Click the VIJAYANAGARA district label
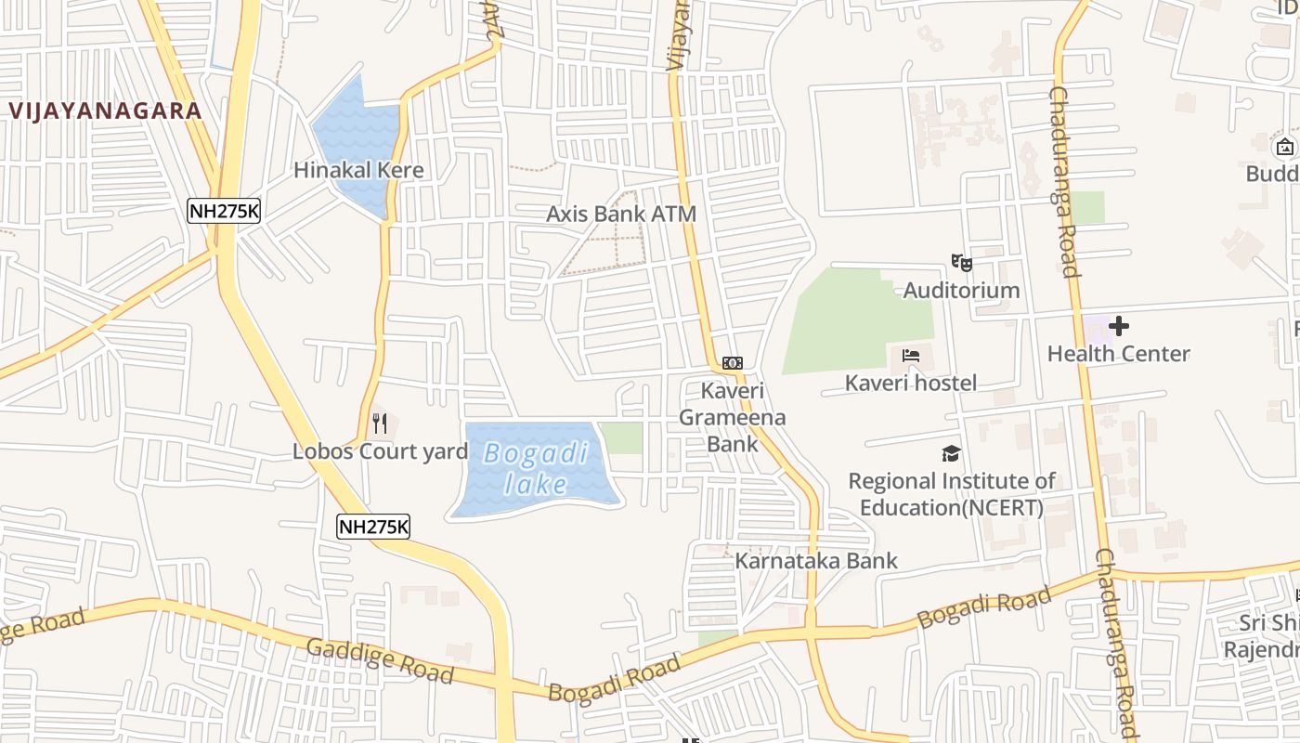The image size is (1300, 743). click(105, 111)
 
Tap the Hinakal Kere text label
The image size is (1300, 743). click(358, 170)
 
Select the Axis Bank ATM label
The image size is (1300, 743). click(620, 214)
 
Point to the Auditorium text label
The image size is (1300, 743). click(961, 290)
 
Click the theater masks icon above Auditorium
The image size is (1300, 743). click(961, 263)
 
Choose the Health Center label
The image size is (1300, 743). click(1118, 353)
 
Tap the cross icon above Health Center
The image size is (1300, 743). click(1119, 326)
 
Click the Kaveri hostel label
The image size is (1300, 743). click(910, 383)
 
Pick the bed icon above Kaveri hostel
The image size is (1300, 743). click(910, 356)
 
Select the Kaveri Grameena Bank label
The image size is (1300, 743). click(732, 417)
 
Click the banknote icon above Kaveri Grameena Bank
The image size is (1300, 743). click(732, 362)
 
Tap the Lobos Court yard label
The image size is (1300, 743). click(380, 451)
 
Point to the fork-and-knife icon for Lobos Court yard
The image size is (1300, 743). click(379, 424)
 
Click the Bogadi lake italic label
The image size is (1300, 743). click(537, 468)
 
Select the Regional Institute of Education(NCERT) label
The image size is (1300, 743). click(951, 494)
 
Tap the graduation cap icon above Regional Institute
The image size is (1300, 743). click(951, 454)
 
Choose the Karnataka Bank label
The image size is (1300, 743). click(816, 560)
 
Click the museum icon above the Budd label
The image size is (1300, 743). click(1285, 147)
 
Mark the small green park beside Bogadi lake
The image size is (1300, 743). click(620, 437)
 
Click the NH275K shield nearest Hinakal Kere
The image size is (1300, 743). click(224, 211)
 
